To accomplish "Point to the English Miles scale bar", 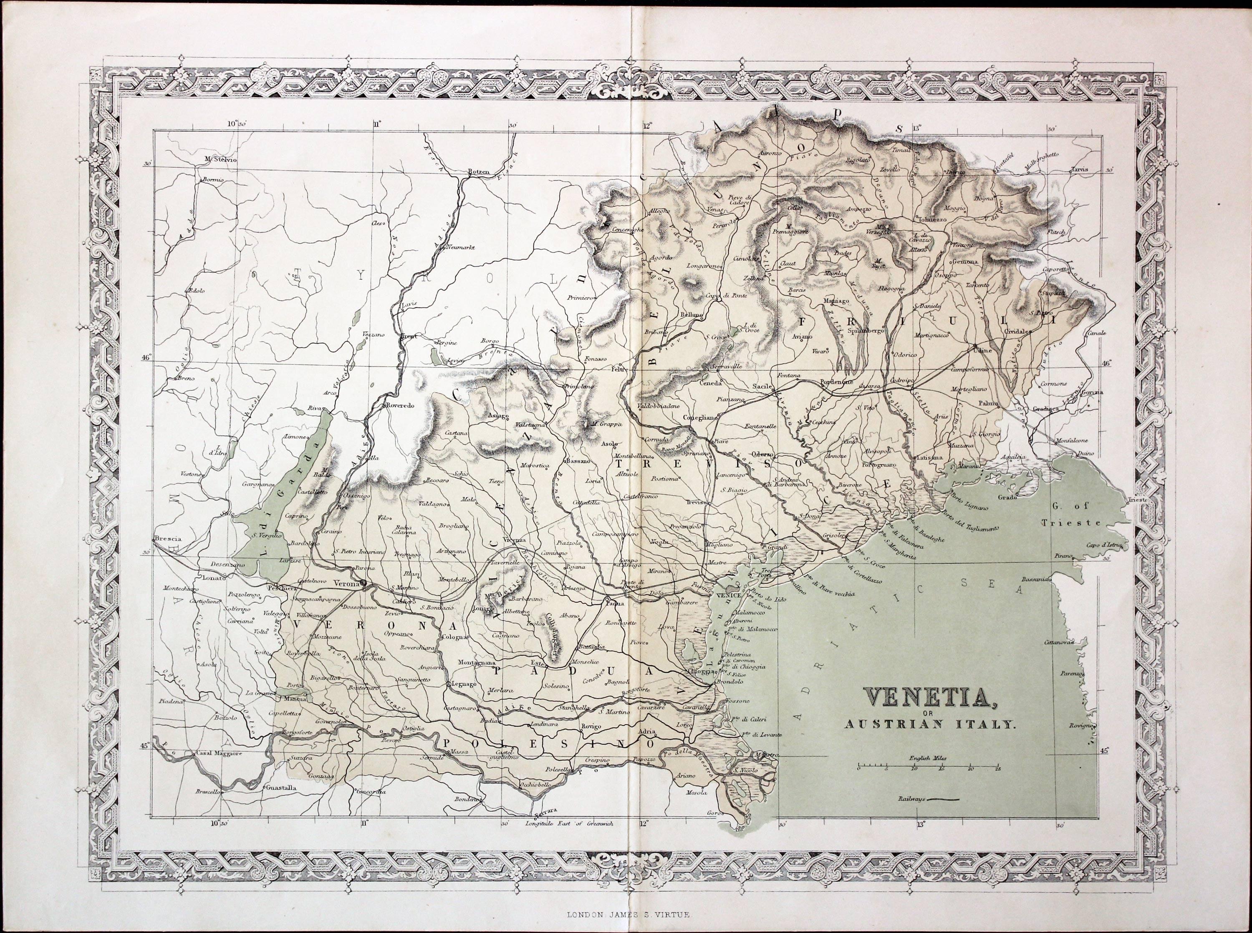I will [928, 767].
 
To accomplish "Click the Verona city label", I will [346, 583].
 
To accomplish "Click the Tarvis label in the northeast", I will [1076, 169].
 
